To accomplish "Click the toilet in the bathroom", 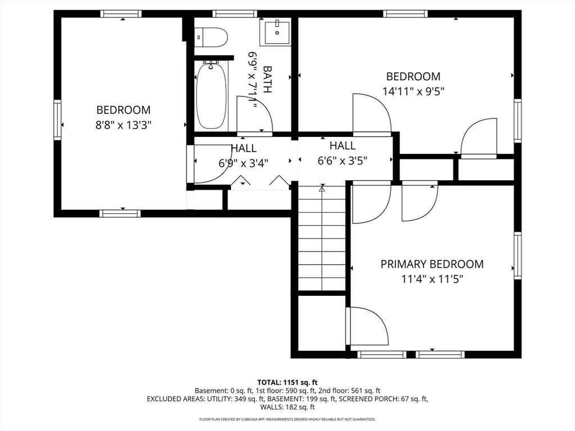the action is point(211,38).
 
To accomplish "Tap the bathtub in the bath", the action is point(211,95).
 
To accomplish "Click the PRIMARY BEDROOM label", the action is point(432,264).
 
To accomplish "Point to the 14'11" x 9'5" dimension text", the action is point(413,91).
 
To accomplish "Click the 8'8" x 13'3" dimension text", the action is point(123,125).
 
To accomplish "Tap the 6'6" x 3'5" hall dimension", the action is point(343,161).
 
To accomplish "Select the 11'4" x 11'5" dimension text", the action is point(432,279).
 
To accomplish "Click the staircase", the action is point(322,238).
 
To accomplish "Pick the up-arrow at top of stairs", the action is point(322,189).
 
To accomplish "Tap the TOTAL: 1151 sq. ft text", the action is point(287,383).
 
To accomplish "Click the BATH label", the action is point(267,79).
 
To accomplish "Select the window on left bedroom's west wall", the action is point(57,120).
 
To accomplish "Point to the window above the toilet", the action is point(235,14).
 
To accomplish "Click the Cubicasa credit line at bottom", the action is point(287,419).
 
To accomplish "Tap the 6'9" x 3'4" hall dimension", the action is point(244,163).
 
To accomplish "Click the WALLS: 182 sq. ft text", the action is point(287,407).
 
